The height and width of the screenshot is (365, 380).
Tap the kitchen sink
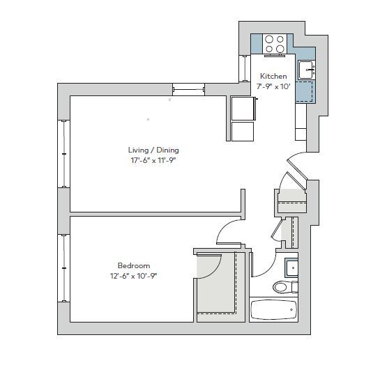coord(305,70)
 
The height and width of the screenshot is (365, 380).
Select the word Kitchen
coord(273,77)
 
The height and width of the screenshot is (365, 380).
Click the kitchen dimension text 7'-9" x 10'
coord(273,86)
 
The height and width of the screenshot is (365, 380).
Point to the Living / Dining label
coord(153,150)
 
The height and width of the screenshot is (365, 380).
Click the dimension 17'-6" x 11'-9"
coord(153,160)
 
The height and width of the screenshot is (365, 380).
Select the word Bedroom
coord(134,265)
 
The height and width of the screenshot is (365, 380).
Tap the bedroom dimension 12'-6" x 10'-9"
coord(134,276)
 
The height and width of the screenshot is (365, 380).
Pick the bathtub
coord(274,310)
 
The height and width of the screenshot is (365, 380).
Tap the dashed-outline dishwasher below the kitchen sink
coord(305,91)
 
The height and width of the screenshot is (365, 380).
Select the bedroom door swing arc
coord(227,231)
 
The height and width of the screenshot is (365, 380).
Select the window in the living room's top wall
coord(188,89)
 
